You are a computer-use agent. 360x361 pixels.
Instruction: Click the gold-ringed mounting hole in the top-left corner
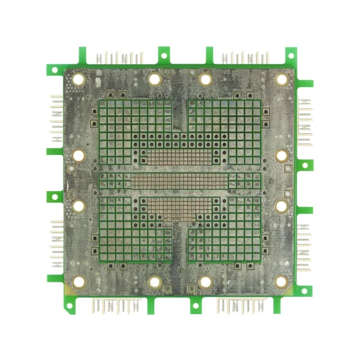78,79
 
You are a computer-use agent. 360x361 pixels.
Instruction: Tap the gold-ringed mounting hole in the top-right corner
281,79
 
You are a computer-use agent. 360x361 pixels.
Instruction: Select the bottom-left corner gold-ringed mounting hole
78,282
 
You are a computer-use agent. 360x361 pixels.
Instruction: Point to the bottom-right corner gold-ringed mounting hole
281,282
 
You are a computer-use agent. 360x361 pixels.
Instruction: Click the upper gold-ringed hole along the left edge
79,156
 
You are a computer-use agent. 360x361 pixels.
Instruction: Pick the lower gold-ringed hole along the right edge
281,205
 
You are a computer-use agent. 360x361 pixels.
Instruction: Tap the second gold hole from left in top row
154,79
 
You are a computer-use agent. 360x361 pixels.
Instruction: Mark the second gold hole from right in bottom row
205,282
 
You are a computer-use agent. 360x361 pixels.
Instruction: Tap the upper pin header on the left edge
56,117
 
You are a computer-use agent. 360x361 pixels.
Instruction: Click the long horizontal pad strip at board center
180,181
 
